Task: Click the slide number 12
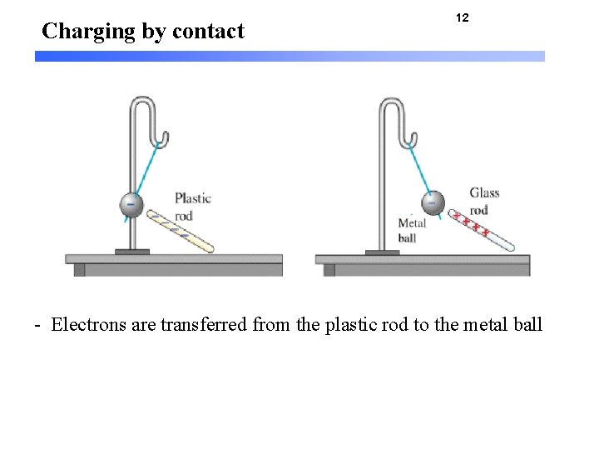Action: pyautogui.click(x=463, y=17)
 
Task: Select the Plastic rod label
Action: pyautogui.click(x=192, y=207)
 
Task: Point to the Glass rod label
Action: pyautogui.click(x=484, y=201)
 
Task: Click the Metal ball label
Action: pyautogui.click(x=412, y=230)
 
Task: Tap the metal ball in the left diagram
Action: pyautogui.click(x=131, y=204)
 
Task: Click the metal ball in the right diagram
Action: pyautogui.click(x=432, y=202)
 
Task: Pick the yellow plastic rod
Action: pyautogui.click(x=181, y=231)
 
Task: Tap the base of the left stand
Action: pyautogui.click(x=131, y=252)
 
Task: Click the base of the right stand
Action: pyautogui.click(x=382, y=252)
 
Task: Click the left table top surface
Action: pyautogui.click(x=174, y=259)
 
